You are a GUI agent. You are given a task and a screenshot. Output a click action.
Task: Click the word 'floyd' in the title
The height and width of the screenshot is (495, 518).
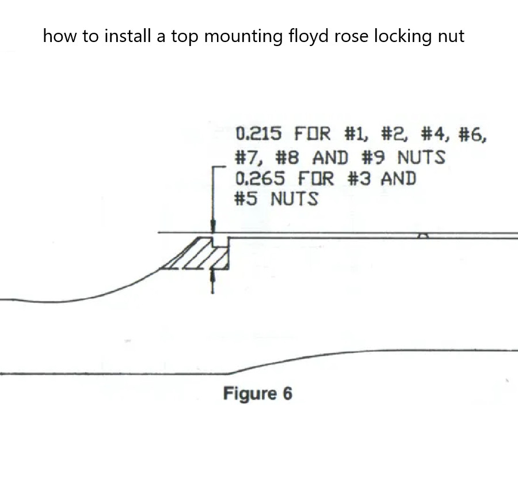coord(308,36)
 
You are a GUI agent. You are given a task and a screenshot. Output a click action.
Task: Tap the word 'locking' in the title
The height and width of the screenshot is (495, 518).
coord(403,36)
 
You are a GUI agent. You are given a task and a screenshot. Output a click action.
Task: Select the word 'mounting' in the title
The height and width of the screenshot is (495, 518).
coord(243,36)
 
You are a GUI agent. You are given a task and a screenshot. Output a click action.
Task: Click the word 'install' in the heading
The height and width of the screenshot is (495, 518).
coord(127,36)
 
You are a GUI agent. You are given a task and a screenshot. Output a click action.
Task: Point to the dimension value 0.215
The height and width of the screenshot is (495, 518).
coord(258,134)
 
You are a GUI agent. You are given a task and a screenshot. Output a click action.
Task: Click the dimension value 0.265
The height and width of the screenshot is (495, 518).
coord(260,178)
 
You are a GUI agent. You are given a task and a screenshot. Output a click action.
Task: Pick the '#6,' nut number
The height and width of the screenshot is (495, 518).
coord(473,135)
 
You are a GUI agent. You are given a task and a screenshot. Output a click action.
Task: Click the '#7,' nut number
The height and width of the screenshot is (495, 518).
coord(249,157)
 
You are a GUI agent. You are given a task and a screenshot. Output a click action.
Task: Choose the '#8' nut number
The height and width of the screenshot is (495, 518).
coord(287,157)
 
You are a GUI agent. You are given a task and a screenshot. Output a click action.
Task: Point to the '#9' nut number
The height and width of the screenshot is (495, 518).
coord(374,157)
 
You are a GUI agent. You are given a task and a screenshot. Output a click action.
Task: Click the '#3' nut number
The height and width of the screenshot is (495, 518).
coord(359,178)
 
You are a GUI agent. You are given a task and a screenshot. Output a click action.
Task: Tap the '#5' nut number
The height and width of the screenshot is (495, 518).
coord(245,199)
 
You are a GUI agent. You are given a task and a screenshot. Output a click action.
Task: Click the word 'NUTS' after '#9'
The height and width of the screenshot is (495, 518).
coord(421,157)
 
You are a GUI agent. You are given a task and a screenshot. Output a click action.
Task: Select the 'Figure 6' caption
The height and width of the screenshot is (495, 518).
coord(258,393)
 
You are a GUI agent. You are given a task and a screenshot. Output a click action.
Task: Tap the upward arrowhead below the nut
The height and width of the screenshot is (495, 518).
coord(212,276)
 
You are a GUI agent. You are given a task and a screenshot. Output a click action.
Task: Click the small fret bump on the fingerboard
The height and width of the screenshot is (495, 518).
coord(423,235)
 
